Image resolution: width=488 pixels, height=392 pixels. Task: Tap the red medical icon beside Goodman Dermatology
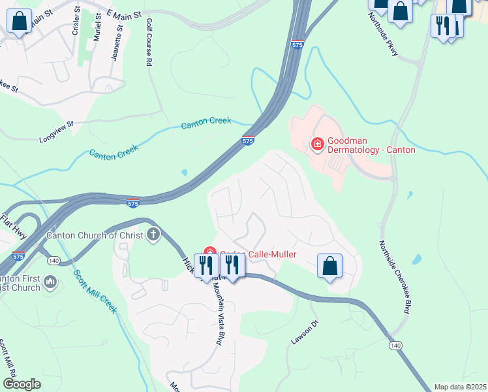point(318,143)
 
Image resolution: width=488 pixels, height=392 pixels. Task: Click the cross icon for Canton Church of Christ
point(153,235)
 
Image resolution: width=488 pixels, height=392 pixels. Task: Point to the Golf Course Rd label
point(149,42)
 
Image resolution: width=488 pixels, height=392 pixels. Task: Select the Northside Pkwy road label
point(384,35)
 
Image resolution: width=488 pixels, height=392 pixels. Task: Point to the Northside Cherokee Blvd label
point(394,276)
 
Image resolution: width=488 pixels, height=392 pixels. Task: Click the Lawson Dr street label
point(304,333)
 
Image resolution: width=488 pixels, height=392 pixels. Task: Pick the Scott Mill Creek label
point(94,291)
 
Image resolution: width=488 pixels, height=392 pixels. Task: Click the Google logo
point(22,384)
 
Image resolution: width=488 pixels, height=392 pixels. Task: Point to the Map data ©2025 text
point(459,387)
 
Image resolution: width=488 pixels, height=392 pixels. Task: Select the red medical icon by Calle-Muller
point(209,252)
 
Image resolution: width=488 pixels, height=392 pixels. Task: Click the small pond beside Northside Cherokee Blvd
point(417,259)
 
